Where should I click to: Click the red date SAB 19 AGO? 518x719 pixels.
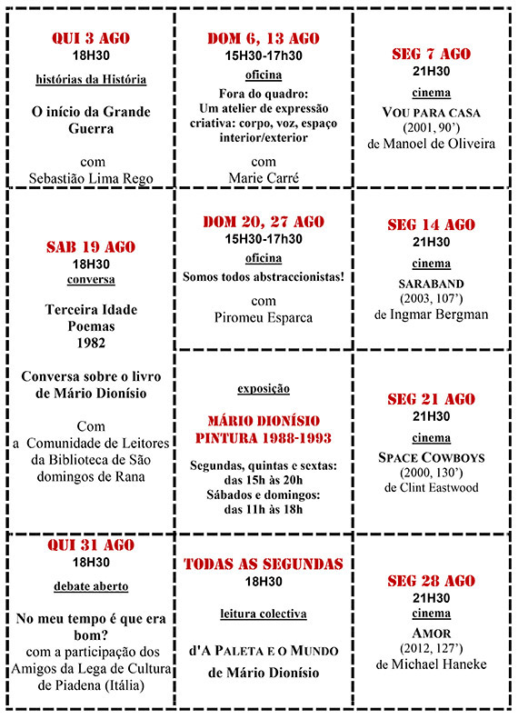point(91,246)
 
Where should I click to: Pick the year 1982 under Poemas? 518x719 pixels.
point(91,343)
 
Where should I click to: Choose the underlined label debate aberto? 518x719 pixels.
point(91,586)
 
